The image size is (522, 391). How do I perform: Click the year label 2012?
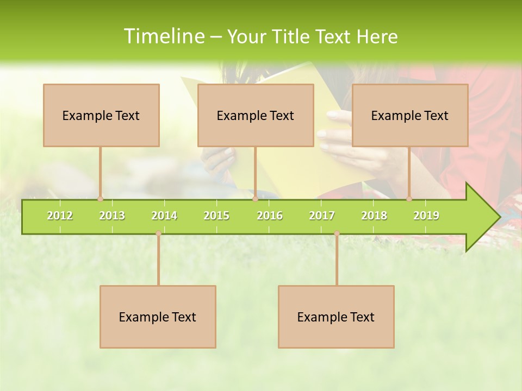coord(60,216)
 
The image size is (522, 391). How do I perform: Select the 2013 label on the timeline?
coord(112,216)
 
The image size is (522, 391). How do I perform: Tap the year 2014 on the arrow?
coord(164,216)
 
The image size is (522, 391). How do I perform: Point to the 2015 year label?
coord(216,216)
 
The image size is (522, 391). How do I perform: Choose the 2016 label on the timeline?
coord(270,216)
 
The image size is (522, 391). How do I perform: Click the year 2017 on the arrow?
coord(322,216)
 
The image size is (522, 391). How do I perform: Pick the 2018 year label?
coord(374,216)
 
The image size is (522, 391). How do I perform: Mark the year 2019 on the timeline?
coord(426,216)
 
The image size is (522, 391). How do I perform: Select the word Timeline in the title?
coord(163,36)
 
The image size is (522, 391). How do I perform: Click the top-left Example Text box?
coord(101,115)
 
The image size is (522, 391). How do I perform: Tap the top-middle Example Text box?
coord(256,115)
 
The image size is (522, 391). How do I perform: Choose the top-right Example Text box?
coord(410,115)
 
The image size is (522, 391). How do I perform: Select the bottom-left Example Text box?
coord(158,317)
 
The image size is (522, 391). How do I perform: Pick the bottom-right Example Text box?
coord(336,317)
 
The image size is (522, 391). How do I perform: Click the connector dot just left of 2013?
coord(100,199)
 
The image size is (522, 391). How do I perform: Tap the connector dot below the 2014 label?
coord(158,233)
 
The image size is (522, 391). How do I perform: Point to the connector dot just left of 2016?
coord(255,199)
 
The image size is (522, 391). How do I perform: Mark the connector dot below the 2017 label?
coord(337,233)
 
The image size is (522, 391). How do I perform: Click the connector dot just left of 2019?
coord(409,199)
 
